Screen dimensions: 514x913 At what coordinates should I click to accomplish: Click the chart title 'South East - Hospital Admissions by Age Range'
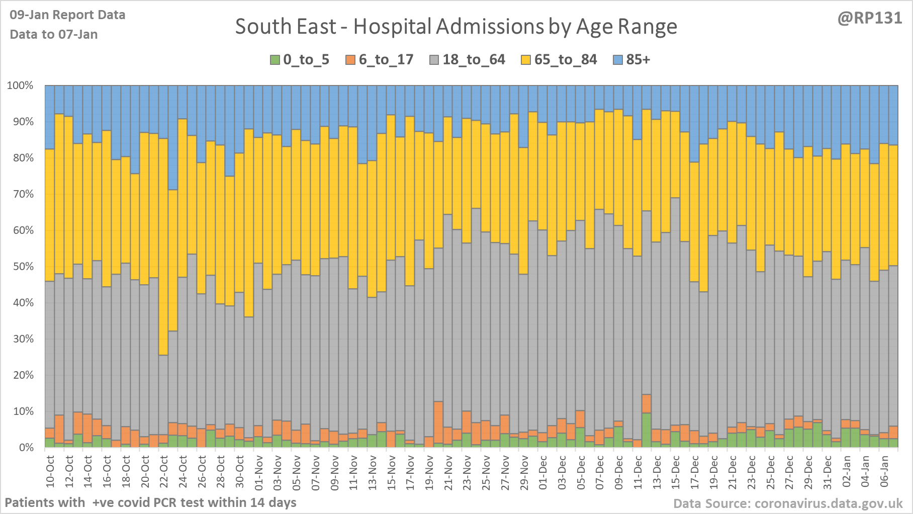tap(456, 27)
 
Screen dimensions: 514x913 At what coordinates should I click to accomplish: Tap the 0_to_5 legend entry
tap(300, 60)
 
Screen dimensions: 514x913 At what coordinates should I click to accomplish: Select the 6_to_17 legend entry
tap(380, 60)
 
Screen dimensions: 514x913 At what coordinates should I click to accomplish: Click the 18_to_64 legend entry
tap(468, 60)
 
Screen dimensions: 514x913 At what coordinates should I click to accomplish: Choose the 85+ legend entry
tap(632, 60)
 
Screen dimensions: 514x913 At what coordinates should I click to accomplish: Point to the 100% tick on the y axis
tap(21, 85)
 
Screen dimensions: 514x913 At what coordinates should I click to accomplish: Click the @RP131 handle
tap(870, 18)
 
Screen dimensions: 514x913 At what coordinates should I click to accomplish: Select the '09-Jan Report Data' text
tap(67, 15)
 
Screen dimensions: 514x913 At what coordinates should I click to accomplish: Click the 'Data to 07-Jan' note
tap(54, 34)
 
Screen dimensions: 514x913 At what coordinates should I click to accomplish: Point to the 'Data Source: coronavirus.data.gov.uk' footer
tap(788, 503)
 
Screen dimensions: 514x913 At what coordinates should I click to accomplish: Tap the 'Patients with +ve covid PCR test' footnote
tap(150, 502)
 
